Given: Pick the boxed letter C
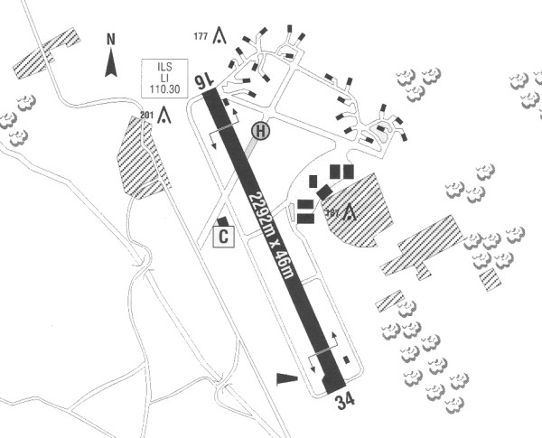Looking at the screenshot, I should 222,238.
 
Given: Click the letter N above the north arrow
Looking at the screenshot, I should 111,40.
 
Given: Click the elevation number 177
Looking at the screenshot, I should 201,37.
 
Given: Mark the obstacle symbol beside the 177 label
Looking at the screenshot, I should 220,37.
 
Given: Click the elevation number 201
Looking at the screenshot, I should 147,114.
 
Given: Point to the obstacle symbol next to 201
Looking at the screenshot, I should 164,115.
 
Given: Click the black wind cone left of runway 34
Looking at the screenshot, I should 285,377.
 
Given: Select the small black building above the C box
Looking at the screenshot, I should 221,220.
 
